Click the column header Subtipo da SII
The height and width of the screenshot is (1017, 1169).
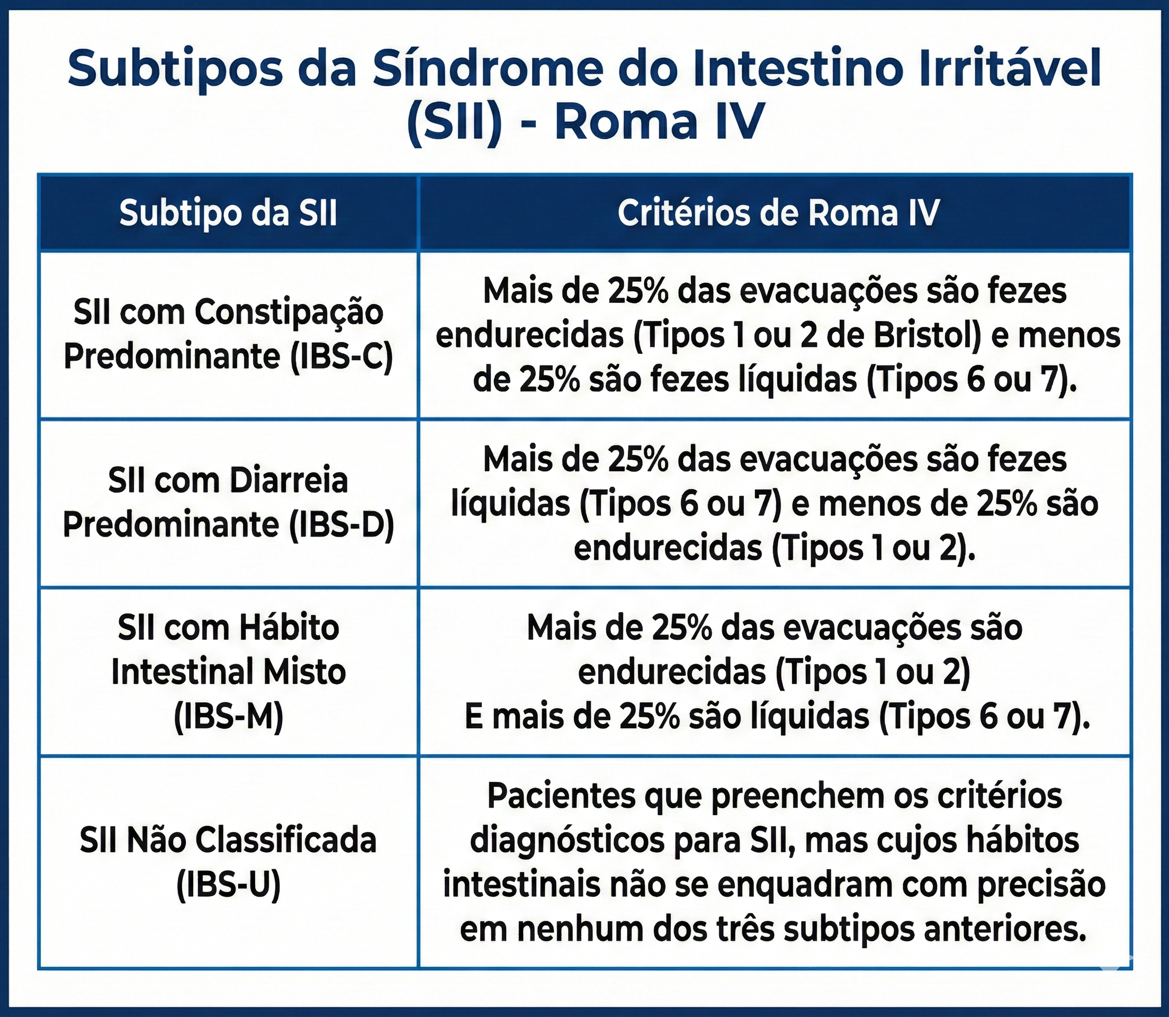pyautogui.click(x=228, y=213)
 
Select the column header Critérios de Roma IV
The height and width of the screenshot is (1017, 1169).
pyautogui.click(x=779, y=213)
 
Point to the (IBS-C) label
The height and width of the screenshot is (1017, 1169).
pyautogui.click(x=341, y=356)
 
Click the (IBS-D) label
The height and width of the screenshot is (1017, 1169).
pyautogui.click(x=341, y=524)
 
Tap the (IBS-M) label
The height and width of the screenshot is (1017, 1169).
pyautogui.click(x=229, y=717)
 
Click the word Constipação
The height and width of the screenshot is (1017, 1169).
pyautogui.click(x=289, y=313)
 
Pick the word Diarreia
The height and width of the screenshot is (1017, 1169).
pyautogui.click(x=289, y=481)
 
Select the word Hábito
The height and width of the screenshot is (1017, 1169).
pyautogui.click(x=289, y=628)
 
